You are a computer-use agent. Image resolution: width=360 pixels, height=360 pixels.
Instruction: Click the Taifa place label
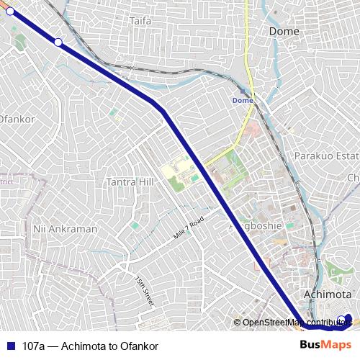click(141, 21)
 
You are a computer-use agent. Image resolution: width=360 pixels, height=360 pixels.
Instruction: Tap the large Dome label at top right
click(284, 31)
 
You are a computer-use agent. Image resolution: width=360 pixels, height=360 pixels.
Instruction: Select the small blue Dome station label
click(243, 100)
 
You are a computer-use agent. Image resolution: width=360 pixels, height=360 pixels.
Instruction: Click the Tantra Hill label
click(130, 182)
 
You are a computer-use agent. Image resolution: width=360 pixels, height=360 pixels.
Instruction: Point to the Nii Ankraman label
click(65, 228)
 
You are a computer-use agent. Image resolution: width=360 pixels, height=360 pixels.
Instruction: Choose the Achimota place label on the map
click(328, 294)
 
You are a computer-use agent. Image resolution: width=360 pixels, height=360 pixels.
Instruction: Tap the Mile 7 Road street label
click(189, 228)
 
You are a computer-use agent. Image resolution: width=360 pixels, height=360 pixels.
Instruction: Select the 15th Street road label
click(145, 289)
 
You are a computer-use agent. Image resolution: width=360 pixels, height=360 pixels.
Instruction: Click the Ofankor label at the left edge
click(13, 118)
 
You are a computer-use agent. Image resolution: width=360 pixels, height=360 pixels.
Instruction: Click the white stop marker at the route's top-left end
click(10, 12)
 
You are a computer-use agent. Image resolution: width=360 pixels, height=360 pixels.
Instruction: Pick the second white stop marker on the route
click(58, 42)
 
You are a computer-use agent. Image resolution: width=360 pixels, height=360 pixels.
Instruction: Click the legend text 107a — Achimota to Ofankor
click(90, 346)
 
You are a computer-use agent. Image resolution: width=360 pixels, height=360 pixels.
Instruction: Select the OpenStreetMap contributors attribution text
click(297, 323)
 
